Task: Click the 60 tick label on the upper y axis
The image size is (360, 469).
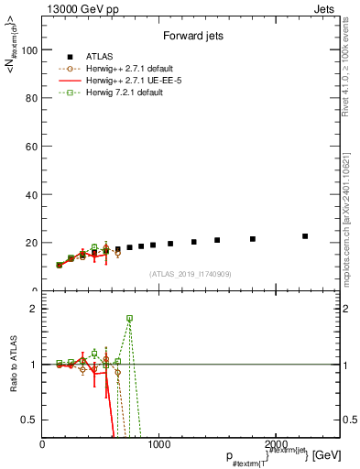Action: click(x=33, y=147)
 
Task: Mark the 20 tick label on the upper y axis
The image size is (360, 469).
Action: click(x=33, y=243)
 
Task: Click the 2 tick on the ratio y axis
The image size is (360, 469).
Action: click(x=36, y=309)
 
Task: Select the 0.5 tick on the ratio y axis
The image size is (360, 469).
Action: click(x=32, y=420)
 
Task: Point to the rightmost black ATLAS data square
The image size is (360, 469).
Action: click(x=305, y=236)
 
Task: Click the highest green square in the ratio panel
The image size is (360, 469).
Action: click(x=129, y=318)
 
